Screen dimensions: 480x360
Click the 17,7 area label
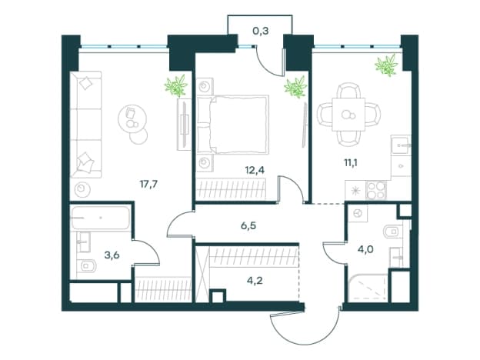pyautogui.click(x=148, y=185)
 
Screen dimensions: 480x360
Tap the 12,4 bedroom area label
pyautogui.click(x=255, y=169)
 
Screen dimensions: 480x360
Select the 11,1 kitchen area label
pyautogui.click(x=351, y=162)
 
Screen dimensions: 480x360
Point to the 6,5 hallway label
pyautogui.click(x=248, y=226)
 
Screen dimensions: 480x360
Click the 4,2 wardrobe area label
pyautogui.click(x=255, y=280)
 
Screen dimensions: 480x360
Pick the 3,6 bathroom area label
pyautogui.click(x=112, y=255)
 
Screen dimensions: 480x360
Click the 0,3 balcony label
pyautogui.click(x=261, y=31)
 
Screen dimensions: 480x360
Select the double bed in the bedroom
pyautogui.click(x=232, y=125)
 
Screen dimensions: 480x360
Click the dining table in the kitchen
pyautogui.click(x=349, y=114)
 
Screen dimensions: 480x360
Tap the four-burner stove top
pyautogui.click(x=376, y=190)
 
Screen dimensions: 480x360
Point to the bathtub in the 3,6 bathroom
pyautogui.click(x=101, y=218)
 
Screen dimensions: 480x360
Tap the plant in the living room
pyautogui.click(x=176, y=85)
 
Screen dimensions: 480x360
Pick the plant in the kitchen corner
pyautogui.click(x=387, y=65)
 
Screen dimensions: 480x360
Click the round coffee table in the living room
pyautogui.click(x=132, y=118)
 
